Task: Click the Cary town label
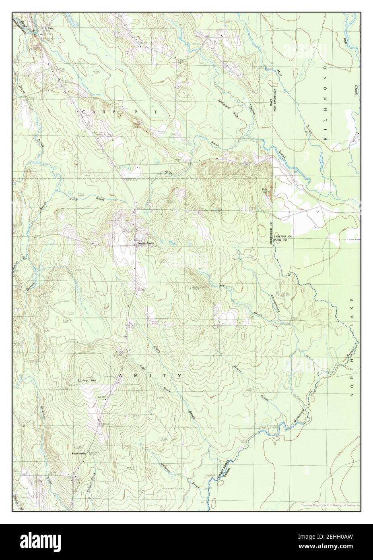click(x=50, y=29)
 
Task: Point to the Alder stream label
click(x=169, y=172)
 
